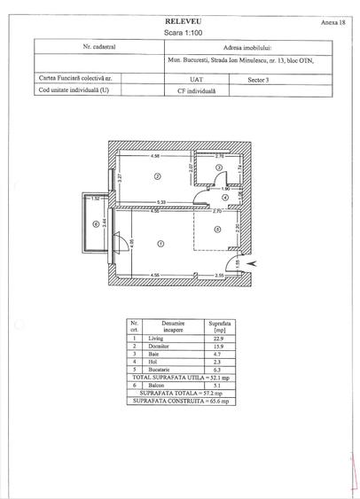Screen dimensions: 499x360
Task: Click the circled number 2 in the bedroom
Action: (x=157, y=176)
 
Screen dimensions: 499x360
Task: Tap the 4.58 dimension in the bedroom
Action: (x=155, y=157)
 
